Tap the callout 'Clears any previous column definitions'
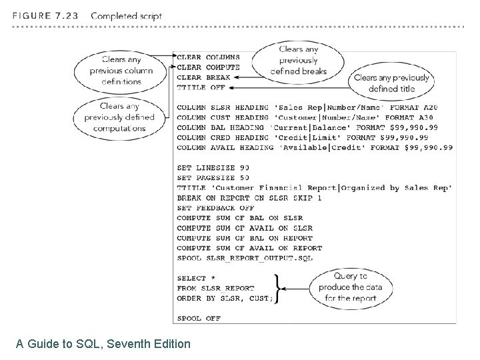122,71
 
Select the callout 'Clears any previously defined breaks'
299,60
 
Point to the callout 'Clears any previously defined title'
393,83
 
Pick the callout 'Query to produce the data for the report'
351,287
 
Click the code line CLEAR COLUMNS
208,57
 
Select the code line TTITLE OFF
201,87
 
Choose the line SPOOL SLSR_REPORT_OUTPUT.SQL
245,257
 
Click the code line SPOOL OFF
198,318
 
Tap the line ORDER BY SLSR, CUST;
225,298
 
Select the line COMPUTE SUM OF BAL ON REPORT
245,237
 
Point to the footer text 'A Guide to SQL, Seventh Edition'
103,344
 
